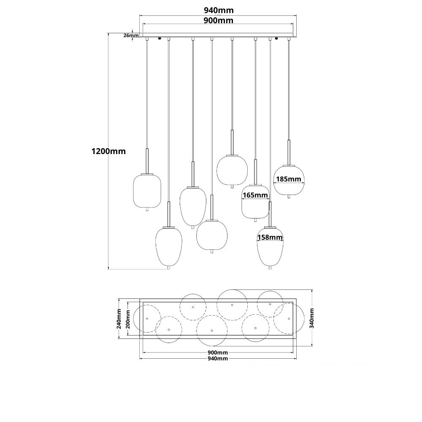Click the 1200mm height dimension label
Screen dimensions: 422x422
click(x=108, y=151)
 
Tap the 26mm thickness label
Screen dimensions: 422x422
click(x=131, y=35)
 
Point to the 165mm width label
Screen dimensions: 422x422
click(x=255, y=195)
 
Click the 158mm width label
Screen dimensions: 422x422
click(x=270, y=237)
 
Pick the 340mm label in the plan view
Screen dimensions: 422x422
click(x=312, y=318)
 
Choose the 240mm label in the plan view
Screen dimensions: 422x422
click(x=119, y=319)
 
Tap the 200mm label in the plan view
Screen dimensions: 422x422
click(x=128, y=319)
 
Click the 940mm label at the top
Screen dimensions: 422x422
click(x=219, y=10)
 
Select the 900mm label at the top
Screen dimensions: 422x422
click(x=218, y=20)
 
